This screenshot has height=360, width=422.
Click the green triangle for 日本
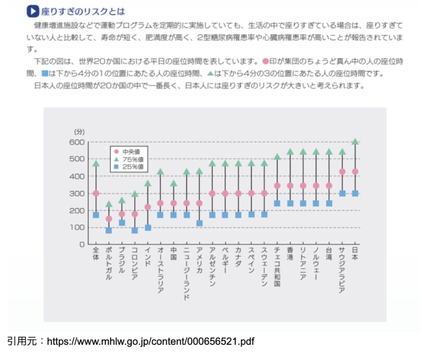(x=355, y=142)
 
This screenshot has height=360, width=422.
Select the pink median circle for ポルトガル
(x=109, y=219)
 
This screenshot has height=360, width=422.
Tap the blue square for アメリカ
(x=199, y=223)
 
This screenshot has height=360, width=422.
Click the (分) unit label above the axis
(x=79, y=132)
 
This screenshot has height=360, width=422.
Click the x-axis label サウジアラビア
(x=342, y=270)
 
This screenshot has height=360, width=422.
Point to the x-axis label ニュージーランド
(x=186, y=273)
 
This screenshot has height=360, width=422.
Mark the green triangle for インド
(x=148, y=183)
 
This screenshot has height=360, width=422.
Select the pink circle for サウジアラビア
(x=342, y=172)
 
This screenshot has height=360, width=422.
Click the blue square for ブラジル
(x=122, y=223)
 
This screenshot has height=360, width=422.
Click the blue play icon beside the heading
(x=33, y=11)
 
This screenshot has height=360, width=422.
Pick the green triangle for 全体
(x=96, y=164)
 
